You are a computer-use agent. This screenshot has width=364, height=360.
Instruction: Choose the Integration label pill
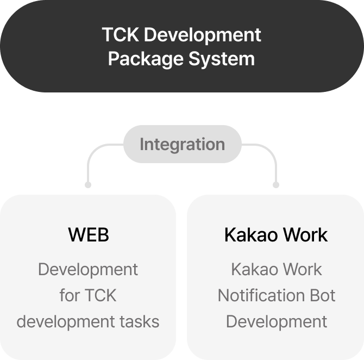pyautogui.click(x=182, y=144)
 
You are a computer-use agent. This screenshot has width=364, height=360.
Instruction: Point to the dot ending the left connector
pyautogui.click(x=88, y=185)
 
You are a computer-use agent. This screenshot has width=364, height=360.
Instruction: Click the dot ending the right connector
pyautogui.click(x=276, y=185)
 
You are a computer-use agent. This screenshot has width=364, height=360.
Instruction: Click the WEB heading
pyautogui.click(x=88, y=235)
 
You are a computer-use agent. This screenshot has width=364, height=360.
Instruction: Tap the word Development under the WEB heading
pyautogui.click(x=88, y=269)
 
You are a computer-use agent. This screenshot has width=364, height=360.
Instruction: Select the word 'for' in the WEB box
pyautogui.click(x=69, y=295)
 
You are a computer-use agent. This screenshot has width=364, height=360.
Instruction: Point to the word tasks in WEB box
pyautogui.click(x=140, y=321)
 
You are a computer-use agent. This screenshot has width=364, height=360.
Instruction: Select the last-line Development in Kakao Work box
pyautogui.click(x=277, y=321)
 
